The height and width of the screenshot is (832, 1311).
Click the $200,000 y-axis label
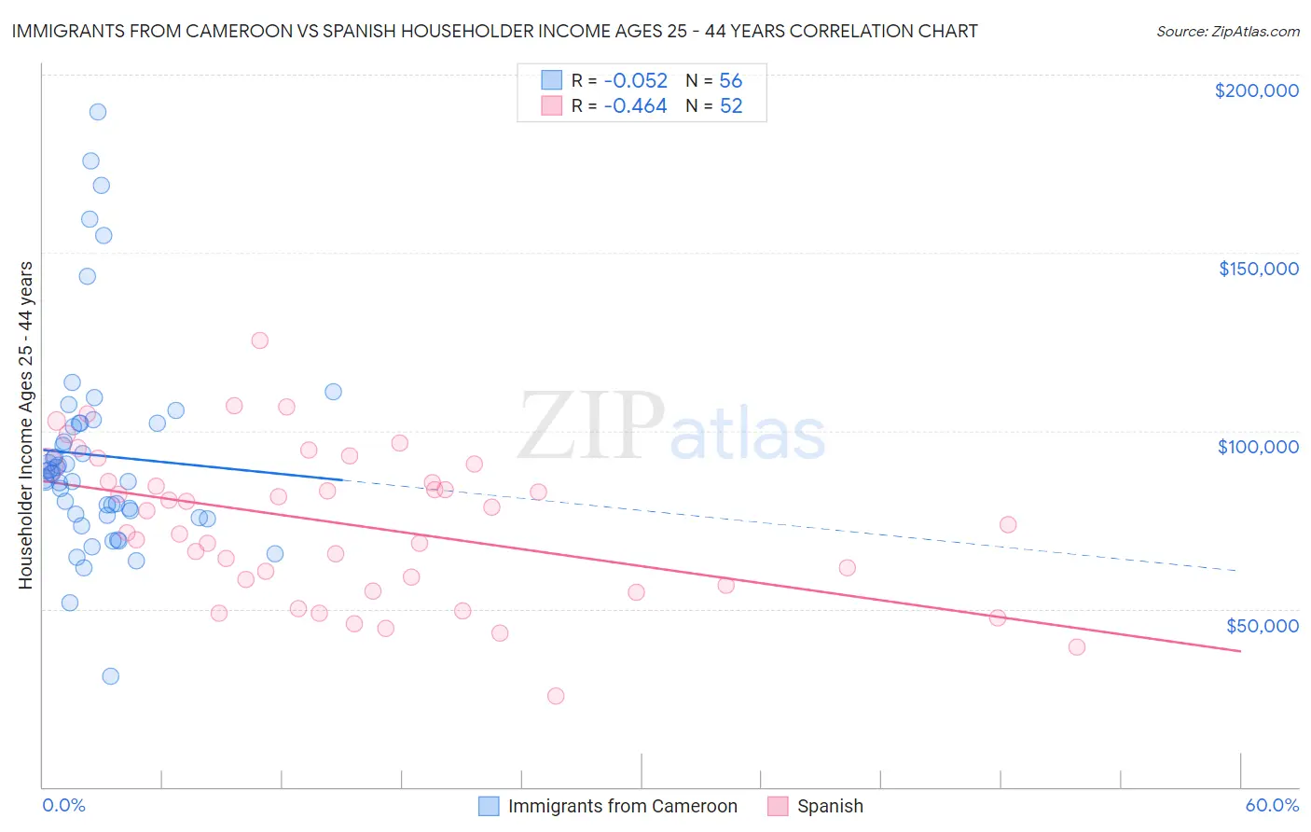[1256, 90]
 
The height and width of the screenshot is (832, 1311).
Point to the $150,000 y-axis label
[1258, 269]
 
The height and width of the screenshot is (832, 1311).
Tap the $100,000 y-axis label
[1258, 447]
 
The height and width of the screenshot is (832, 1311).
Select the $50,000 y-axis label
[1262, 625]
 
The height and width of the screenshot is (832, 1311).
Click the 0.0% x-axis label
[63, 806]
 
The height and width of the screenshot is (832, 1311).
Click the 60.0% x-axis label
[1272, 806]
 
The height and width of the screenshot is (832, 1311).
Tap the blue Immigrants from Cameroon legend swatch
[490, 806]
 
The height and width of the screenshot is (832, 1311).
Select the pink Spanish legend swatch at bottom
[779, 806]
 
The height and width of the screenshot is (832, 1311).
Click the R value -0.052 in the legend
[635, 81]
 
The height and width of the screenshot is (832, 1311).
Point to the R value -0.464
[635, 106]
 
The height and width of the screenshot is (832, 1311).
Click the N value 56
[730, 81]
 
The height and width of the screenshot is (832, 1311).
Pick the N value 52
[730, 106]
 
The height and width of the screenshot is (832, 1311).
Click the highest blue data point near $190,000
[97, 112]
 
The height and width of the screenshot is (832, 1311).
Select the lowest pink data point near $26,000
[556, 696]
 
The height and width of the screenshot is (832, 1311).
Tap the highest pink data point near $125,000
[259, 340]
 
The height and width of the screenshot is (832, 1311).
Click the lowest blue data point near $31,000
[110, 676]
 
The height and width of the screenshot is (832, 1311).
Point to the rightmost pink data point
[1077, 647]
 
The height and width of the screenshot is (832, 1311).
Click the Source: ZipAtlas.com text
[1227, 32]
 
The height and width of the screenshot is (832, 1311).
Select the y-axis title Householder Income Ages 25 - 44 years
[26, 425]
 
